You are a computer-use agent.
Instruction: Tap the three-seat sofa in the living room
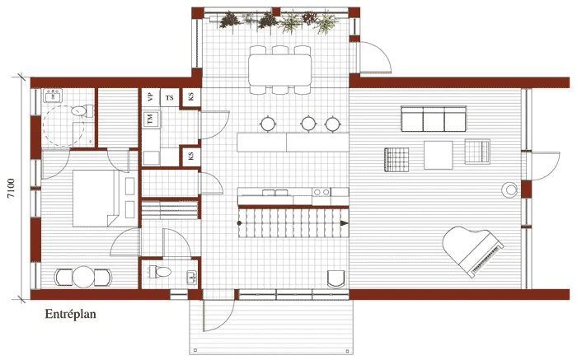click(432, 120)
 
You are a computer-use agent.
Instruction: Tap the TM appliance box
click(151, 120)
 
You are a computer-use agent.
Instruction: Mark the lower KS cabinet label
click(190, 156)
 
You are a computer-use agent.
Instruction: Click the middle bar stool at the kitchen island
click(307, 124)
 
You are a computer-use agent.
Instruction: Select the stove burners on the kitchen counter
click(321, 193)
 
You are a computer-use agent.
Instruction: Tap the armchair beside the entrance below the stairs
click(335, 277)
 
